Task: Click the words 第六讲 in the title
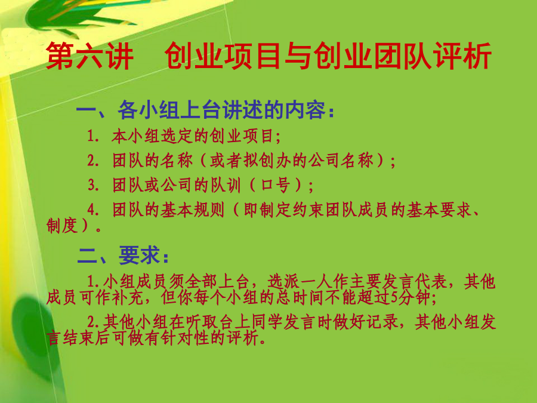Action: coord(89,56)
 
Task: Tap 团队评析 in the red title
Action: coord(432,56)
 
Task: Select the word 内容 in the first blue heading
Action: coord(305,110)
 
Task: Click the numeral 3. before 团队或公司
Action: coord(94,186)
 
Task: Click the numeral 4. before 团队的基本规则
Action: coord(93,210)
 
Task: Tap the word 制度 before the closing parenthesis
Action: coord(62,226)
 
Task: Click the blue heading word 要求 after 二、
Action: coord(140,256)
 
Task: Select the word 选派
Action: coord(283,282)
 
